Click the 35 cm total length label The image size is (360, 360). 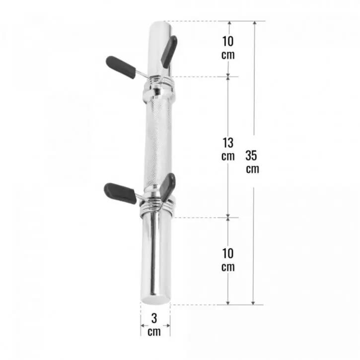click(252, 162)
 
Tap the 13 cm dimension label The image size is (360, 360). click(228, 149)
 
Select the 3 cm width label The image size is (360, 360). click(154, 325)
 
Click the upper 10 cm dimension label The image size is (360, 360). click(228, 48)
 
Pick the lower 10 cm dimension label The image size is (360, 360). click(228, 260)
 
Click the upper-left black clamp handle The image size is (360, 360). click(121, 67)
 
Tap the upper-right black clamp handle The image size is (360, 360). click(169, 52)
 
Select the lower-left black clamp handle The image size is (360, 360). click(120, 193)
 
